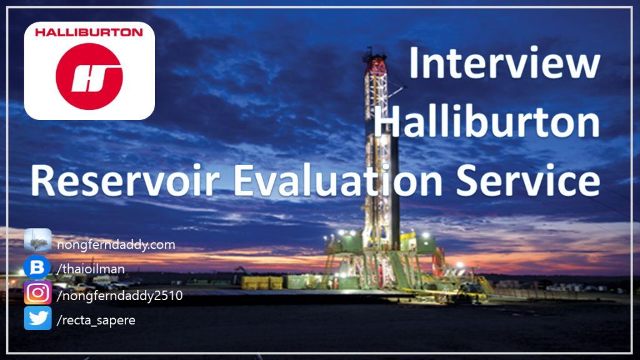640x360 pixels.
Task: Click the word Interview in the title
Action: (x=504, y=63)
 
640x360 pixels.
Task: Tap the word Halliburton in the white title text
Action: (x=486, y=121)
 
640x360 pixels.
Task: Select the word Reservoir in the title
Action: (x=125, y=180)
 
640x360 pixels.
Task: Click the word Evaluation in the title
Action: (x=337, y=180)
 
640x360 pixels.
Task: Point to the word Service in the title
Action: (x=527, y=180)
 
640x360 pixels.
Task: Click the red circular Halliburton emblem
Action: (x=89, y=76)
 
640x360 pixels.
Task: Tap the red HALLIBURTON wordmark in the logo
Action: (x=89, y=32)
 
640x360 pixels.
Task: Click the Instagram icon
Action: (x=37, y=292)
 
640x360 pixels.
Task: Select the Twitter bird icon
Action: (x=37, y=318)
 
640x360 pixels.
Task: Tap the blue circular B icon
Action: (x=37, y=267)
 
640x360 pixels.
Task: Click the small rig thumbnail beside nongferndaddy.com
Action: (x=37, y=241)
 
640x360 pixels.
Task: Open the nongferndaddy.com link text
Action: (x=116, y=245)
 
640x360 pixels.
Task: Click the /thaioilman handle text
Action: (x=91, y=269)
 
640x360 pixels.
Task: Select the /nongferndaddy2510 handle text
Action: (x=119, y=296)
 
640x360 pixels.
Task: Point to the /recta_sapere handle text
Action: (x=96, y=321)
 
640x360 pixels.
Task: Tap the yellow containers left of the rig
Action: (x=262, y=282)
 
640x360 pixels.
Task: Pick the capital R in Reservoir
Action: (x=41, y=181)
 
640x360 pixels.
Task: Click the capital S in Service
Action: (x=466, y=181)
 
